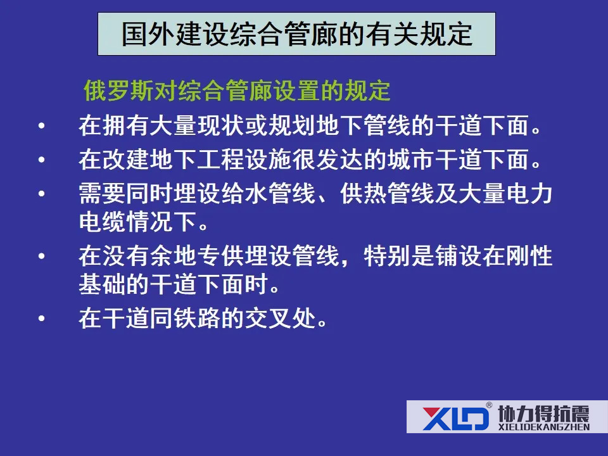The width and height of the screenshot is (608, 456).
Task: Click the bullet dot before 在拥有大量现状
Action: (42, 125)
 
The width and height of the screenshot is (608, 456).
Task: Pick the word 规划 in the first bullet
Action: (292, 125)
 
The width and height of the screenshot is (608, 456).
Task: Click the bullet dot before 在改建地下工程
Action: (42, 160)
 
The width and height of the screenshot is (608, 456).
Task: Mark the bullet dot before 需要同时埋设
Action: (42, 194)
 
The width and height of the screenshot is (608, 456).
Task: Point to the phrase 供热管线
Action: (386, 194)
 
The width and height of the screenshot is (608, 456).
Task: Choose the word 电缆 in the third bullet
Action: (103, 222)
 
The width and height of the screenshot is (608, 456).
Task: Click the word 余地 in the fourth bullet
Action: (174, 256)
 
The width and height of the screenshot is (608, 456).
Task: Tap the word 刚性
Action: (529, 256)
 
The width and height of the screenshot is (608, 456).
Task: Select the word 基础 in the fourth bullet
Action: (103, 284)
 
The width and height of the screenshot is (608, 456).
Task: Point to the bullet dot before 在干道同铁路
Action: (42, 319)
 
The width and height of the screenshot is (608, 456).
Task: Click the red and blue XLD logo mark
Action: (456, 418)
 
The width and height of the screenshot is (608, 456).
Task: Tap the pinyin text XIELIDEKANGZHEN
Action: (543, 427)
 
